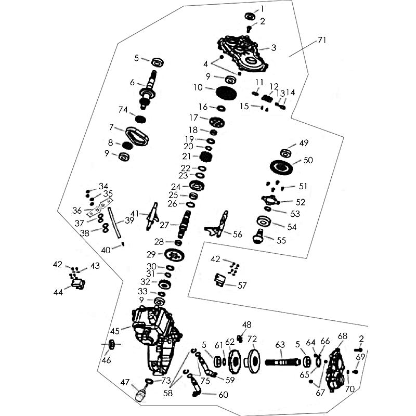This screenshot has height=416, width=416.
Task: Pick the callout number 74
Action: [x=123, y=109]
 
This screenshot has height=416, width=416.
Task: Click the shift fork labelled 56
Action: [x=220, y=225]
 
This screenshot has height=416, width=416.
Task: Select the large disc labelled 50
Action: [x=285, y=168]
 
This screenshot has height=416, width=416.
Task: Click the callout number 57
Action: [x=242, y=285]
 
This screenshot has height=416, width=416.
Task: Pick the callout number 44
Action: [x=58, y=292]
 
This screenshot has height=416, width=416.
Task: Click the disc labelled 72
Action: [x=253, y=359]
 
